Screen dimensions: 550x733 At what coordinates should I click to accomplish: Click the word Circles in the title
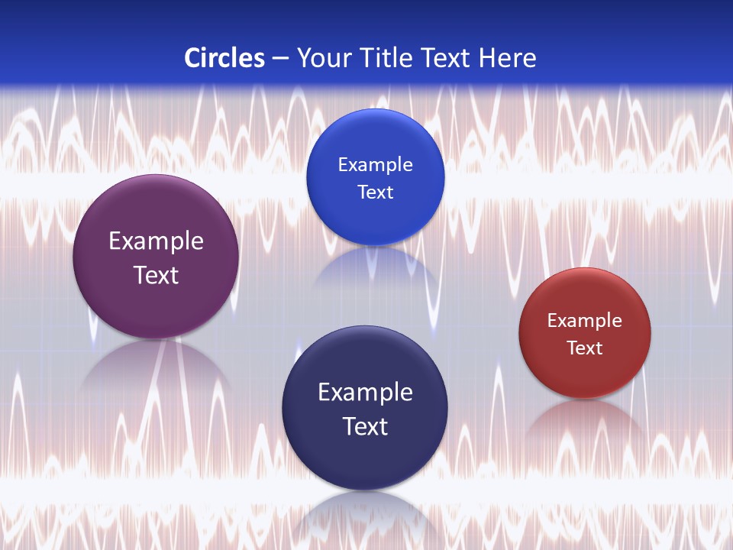pos(224,58)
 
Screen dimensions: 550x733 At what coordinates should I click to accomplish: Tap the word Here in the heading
pos(507,58)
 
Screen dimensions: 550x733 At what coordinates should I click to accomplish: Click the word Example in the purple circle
pos(156,241)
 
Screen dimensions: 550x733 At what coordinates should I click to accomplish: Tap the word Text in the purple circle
pos(156,275)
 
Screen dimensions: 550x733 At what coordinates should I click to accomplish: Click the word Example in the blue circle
pos(375,164)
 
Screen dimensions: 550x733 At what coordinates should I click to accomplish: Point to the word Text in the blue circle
pos(375,192)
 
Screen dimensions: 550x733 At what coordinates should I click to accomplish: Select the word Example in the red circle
pos(585,320)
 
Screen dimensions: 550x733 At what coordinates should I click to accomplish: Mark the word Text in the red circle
pos(585,348)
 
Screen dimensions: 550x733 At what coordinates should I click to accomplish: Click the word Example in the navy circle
pos(365,392)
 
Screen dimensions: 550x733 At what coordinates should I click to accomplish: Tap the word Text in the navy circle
pos(365,426)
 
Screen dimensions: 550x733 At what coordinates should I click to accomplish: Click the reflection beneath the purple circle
pos(156,367)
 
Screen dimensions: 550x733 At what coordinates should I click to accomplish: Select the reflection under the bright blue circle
pos(375,267)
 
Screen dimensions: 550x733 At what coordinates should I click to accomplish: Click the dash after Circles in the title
pos(280,58)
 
